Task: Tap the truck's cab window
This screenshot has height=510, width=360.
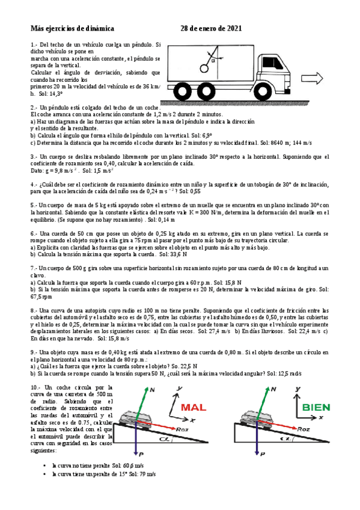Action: pos(267,63)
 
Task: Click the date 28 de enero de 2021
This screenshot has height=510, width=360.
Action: pos(212,28)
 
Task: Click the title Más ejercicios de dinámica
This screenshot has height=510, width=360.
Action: pos(72,28)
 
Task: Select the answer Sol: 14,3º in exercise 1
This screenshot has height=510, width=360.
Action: pos(51,94)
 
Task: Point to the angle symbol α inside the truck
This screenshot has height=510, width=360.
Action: pos(212,60)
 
